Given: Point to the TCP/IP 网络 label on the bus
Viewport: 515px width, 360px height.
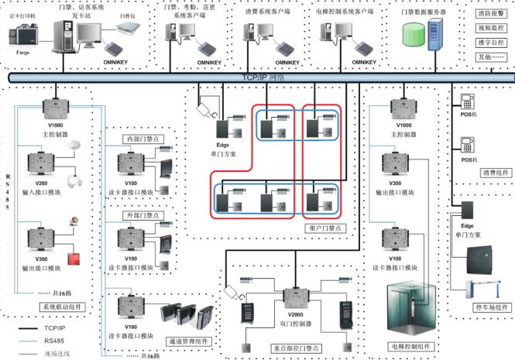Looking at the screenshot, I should tap(263, 77).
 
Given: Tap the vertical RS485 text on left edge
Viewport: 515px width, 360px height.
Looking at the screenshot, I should tap(9, 186).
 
